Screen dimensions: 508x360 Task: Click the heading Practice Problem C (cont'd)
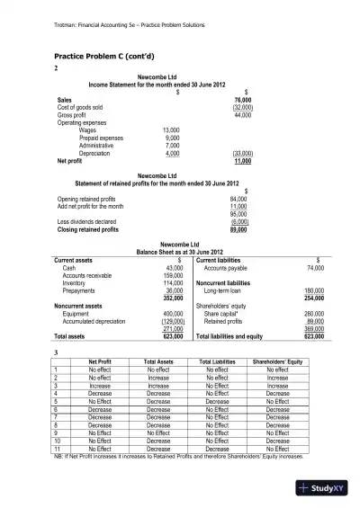102,57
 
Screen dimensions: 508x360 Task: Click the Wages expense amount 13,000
171,131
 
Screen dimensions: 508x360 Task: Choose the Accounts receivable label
88,276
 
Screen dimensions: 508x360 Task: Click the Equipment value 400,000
173,315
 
